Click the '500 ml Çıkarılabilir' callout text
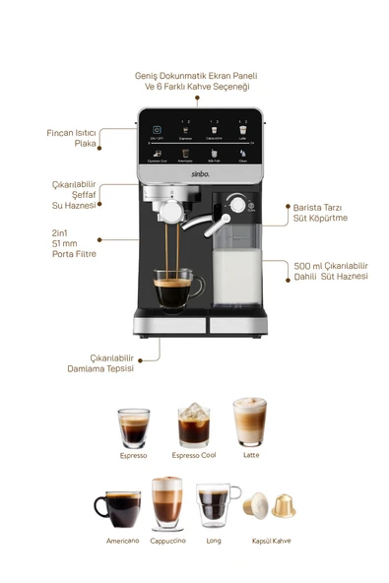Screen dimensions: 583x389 [x=330, y=266]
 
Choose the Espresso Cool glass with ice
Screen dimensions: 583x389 [x=193, y=425]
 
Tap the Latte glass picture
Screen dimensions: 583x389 [x=249, y=421]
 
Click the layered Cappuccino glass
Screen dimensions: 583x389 [x=167, y=504]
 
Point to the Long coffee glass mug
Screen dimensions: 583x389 [x=216, y=506]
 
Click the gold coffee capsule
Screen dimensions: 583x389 [x=283, y=505]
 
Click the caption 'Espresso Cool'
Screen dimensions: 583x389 [x=193, y=456]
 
